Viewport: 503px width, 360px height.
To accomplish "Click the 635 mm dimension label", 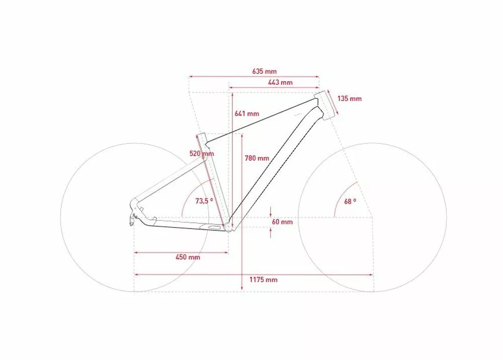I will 264,71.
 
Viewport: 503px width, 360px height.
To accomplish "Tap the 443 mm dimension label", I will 280,83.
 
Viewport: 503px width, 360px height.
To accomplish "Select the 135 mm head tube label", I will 349,99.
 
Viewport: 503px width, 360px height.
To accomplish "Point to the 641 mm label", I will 246,114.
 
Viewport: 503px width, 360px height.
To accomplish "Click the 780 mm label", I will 257,158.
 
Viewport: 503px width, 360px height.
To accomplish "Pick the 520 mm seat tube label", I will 201,154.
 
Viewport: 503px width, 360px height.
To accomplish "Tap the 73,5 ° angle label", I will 205,200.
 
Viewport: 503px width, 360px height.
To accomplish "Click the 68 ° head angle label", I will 350,201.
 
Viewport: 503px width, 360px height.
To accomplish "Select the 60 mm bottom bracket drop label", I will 282,222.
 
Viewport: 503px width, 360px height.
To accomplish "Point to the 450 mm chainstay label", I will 188,257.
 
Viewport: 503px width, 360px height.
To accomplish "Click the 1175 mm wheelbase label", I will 263,280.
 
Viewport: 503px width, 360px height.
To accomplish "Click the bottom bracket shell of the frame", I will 229,228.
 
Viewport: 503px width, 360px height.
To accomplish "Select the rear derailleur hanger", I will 132,216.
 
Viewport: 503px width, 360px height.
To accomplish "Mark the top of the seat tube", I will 201,137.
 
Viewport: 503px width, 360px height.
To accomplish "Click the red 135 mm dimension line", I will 332,103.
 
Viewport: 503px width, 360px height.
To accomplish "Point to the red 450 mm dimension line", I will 181,252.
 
